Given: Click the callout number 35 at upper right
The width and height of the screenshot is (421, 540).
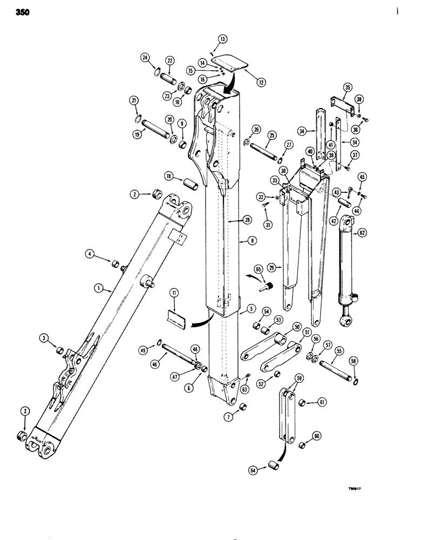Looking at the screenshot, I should (x=347, y=87).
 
